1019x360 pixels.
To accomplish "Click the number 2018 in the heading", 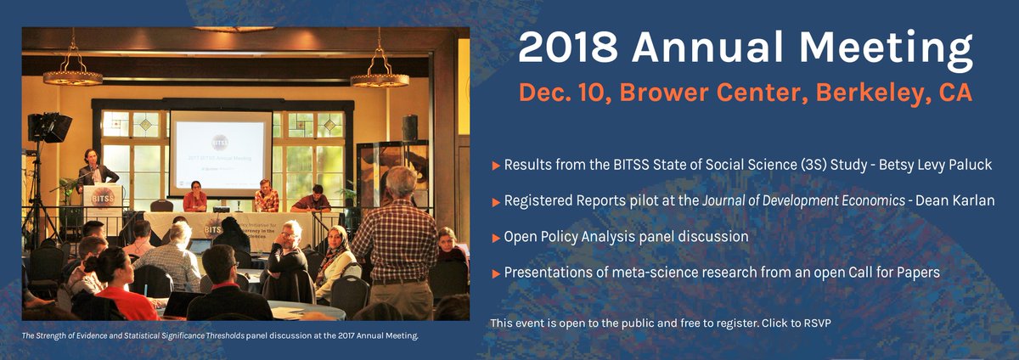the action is pos(568,47).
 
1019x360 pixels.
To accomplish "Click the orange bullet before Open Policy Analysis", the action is pos(496,238).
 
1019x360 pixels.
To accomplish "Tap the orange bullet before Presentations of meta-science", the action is pos(496,273).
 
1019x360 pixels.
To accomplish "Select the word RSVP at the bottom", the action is pos(817,323).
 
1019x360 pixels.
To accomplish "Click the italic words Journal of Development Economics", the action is pos(803,200).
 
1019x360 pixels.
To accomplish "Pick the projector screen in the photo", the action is pos(221,154).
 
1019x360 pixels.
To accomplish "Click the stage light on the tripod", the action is pos(49,127).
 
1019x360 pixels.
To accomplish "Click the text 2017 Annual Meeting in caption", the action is pos(378,336).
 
